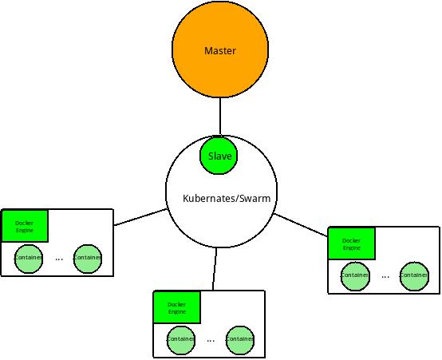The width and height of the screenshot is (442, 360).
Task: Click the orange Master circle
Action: pyautogui.click(x=219, y=72)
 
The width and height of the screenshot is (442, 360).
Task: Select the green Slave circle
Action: pyautogui.click(x=219, y=156)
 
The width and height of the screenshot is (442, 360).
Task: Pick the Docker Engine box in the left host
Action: pyautogui.click(x=25, y=226)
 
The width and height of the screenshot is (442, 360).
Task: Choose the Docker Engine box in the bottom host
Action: pyautogui.click(x=176, y=307)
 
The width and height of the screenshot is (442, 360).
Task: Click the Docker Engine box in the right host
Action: pyautogui.click(x=351, y=243)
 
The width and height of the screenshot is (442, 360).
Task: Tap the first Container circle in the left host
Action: pyautogui.click(x=29, y=258)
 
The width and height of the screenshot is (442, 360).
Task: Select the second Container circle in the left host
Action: pyautogui.click(x=87, y=258)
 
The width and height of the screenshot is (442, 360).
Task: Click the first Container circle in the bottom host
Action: pyautogui.click(x=181, y=339)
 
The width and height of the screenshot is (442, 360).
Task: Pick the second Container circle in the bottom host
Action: pyautogui.click(x=239, y=339)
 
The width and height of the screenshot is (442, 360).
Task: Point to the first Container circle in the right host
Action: pyautogui.click(x=355, y=275)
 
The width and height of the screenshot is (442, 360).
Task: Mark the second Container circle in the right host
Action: pyautogui.click(x=413, y=275)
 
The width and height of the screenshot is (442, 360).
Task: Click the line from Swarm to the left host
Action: pyautogui.click(x=141, y=217)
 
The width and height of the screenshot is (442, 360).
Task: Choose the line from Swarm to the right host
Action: pyautogui.click(x=301, y=224)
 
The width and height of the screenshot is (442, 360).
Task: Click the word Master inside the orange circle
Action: pyautogui.click(x=219, y=51)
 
